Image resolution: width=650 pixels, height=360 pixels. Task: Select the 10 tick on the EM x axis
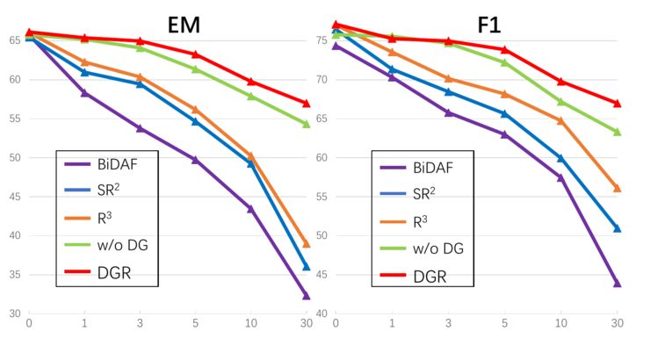[x=250, y=324]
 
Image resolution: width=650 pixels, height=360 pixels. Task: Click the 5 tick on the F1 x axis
[x=504, y=324]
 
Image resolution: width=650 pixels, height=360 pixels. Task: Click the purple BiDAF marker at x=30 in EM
[x=307, y=296]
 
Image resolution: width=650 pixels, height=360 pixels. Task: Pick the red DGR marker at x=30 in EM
[x=307, y=104]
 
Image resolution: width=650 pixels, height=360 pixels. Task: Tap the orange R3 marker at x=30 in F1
[x=617, y=188]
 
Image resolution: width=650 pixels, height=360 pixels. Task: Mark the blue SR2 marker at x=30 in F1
[x=617, y=228]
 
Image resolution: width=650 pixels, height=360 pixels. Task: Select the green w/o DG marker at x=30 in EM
[x=307, y=125]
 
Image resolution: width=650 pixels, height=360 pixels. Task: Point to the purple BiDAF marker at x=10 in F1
[x=560, y=177]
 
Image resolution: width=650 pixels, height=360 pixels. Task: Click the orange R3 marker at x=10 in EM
[x=250, y=155]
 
